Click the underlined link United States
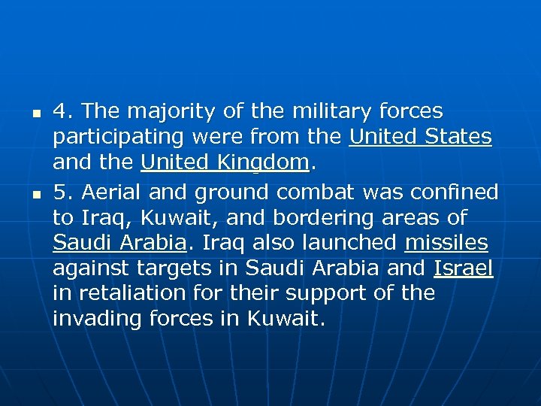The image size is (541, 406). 421,138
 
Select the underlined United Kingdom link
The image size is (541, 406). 225,162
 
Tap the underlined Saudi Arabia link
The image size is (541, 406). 119,242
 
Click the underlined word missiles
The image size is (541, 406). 446,242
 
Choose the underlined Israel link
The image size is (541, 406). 463,268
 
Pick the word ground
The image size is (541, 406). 232,193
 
